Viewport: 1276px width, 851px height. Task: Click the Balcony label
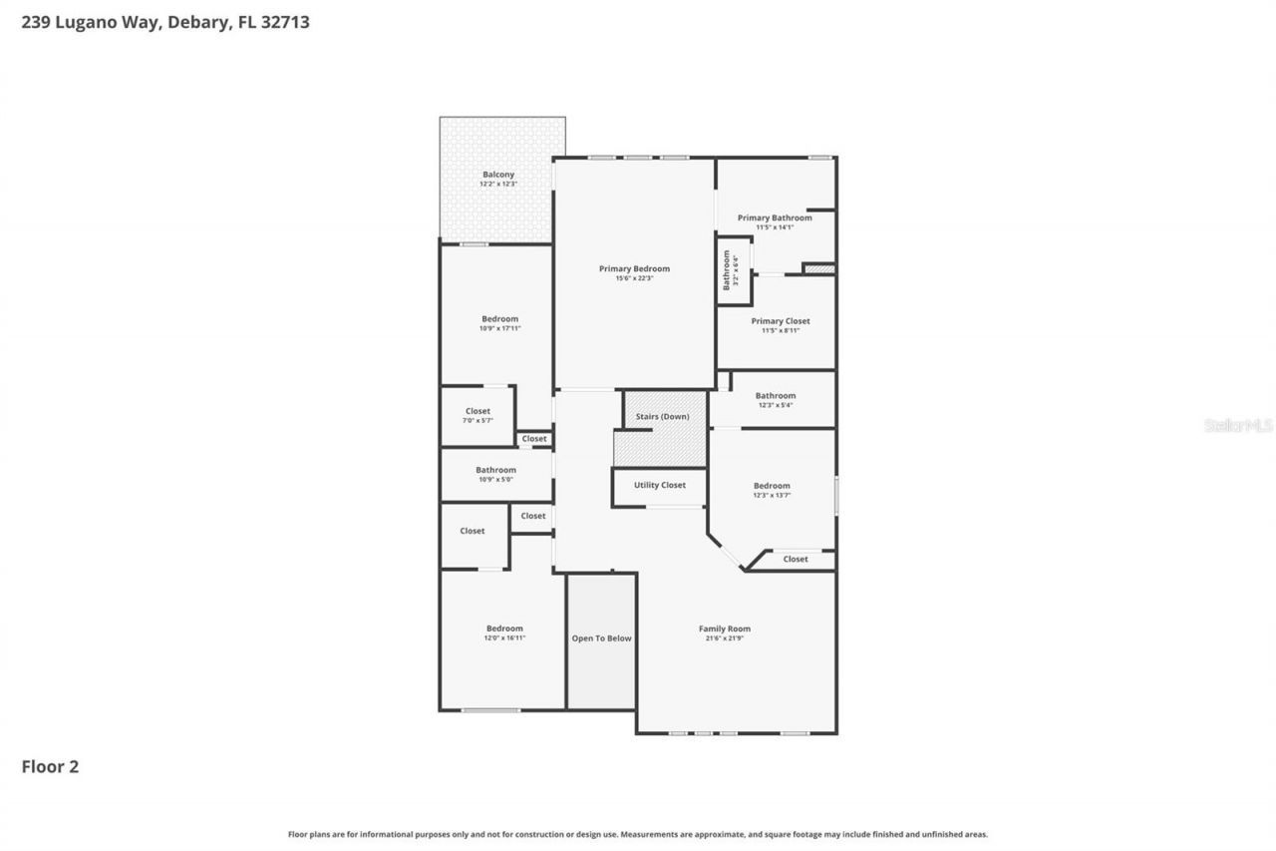498,175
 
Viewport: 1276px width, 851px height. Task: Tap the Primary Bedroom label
634,268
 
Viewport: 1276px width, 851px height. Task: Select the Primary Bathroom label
775,217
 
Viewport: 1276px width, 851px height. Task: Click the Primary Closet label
781,321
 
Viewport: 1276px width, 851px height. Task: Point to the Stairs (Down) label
662,416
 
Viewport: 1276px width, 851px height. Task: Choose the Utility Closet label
660,485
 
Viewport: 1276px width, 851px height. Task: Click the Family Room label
725,629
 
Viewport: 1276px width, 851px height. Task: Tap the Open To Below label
601,638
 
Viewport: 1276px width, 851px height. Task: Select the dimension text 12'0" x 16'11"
504,638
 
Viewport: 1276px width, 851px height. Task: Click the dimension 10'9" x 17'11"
499,328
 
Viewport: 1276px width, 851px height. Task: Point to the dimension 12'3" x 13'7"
772,495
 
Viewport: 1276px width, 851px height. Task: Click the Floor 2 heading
50,766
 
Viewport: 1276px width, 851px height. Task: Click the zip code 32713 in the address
286,22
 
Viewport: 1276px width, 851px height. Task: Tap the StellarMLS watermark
1238,425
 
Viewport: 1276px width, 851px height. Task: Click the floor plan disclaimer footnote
638,834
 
